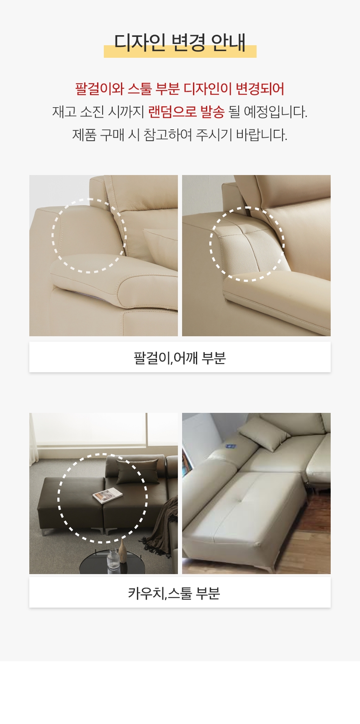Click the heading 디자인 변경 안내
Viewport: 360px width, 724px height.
180,42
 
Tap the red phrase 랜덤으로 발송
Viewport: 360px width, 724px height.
186,112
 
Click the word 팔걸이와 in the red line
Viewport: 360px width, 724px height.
100,89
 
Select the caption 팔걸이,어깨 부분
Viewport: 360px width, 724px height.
180,358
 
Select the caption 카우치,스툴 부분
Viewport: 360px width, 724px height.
174,593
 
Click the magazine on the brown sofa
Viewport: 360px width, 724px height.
108,496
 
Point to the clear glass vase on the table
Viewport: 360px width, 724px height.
113,561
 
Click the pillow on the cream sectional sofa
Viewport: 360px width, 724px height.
264,432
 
